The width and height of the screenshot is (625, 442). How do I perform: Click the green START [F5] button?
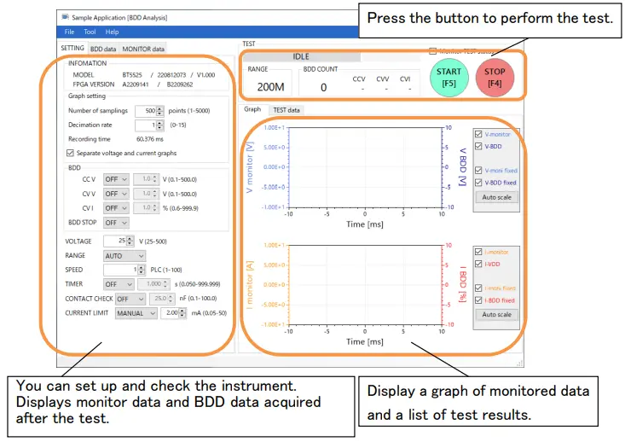[x=448, y=77]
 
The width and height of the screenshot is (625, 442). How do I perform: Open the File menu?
[x=70, y=32]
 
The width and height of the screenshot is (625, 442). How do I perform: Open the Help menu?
[x=112, y=32]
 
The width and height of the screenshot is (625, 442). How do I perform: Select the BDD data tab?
[x=103, y=49]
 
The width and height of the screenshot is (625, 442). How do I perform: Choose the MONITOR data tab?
[x=142, y=49]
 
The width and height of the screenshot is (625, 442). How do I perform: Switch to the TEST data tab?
[x=286, y=110]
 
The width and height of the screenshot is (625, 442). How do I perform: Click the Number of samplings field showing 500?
[x=150, y=111]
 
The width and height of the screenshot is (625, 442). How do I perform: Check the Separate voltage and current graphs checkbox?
[x=70, y=153]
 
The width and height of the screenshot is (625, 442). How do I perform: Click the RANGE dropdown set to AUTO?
[x=124, y=255]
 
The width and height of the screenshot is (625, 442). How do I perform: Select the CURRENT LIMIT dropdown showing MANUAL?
[x=130, y=313]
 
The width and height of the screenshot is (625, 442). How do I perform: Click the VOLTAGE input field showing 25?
[x=123, y=241]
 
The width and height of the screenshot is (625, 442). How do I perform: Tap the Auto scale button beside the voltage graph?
[x=496, y=197]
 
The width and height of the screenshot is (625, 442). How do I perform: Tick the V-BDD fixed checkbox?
[x=478, y=183]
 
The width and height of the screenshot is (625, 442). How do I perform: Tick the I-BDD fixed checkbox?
[x=478, y=300]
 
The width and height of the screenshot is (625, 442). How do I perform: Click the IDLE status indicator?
[x=301, y=56]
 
